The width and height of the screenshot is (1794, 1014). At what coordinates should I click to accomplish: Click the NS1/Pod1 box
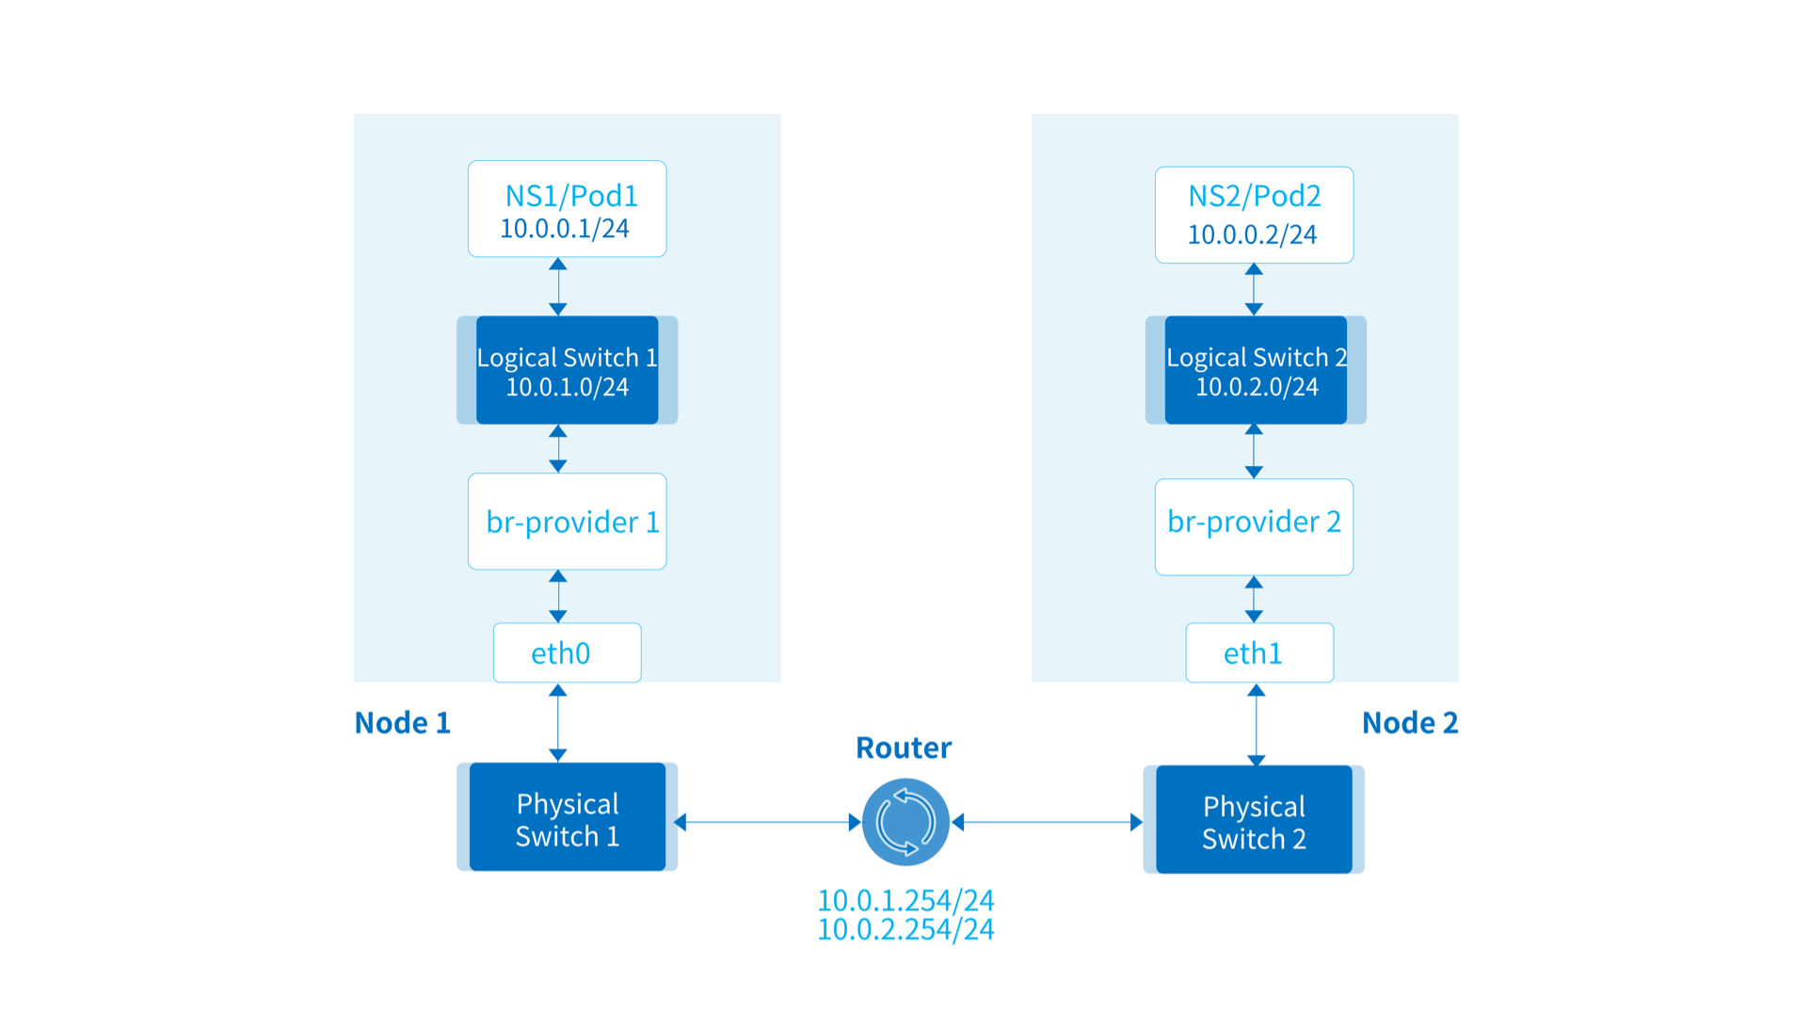click(567, 209)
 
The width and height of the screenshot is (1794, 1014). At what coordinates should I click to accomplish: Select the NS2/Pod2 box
click(1254, 215)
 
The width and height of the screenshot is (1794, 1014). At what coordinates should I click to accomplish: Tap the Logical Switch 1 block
click(567, 370)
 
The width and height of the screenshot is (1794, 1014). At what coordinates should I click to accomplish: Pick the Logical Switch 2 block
click(1256, 370)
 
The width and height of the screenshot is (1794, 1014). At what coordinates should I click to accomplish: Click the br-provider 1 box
click(567, 522)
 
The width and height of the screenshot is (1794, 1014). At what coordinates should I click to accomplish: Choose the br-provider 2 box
click(1254, 527)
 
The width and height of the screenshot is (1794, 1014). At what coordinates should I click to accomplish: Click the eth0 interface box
click(567, 652)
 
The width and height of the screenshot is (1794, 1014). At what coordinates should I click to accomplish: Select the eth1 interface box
click(1259, 652)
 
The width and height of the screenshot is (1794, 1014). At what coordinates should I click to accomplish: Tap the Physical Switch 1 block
click(567, 817)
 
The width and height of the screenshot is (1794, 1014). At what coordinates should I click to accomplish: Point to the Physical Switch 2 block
click(1254, 820)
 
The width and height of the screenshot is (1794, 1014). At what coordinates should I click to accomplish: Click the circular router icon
click(905, 822)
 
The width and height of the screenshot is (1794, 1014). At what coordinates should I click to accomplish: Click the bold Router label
click(904, 748)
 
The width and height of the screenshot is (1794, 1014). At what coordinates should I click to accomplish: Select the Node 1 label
click(402, 723)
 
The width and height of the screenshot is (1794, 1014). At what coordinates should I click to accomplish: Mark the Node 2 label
click(1410, 723)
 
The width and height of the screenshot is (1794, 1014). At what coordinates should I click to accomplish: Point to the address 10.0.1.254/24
click(905, 901)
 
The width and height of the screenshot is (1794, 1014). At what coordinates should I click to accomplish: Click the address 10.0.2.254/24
click(905, 930)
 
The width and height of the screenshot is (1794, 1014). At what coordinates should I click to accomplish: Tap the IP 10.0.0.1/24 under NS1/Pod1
click(565, 229)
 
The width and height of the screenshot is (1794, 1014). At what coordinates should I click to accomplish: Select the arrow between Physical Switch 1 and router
click(768, 822)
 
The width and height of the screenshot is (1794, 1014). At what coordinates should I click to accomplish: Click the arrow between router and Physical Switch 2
click(1047, 822)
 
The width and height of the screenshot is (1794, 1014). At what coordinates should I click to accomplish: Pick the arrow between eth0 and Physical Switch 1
click(558, 723)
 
